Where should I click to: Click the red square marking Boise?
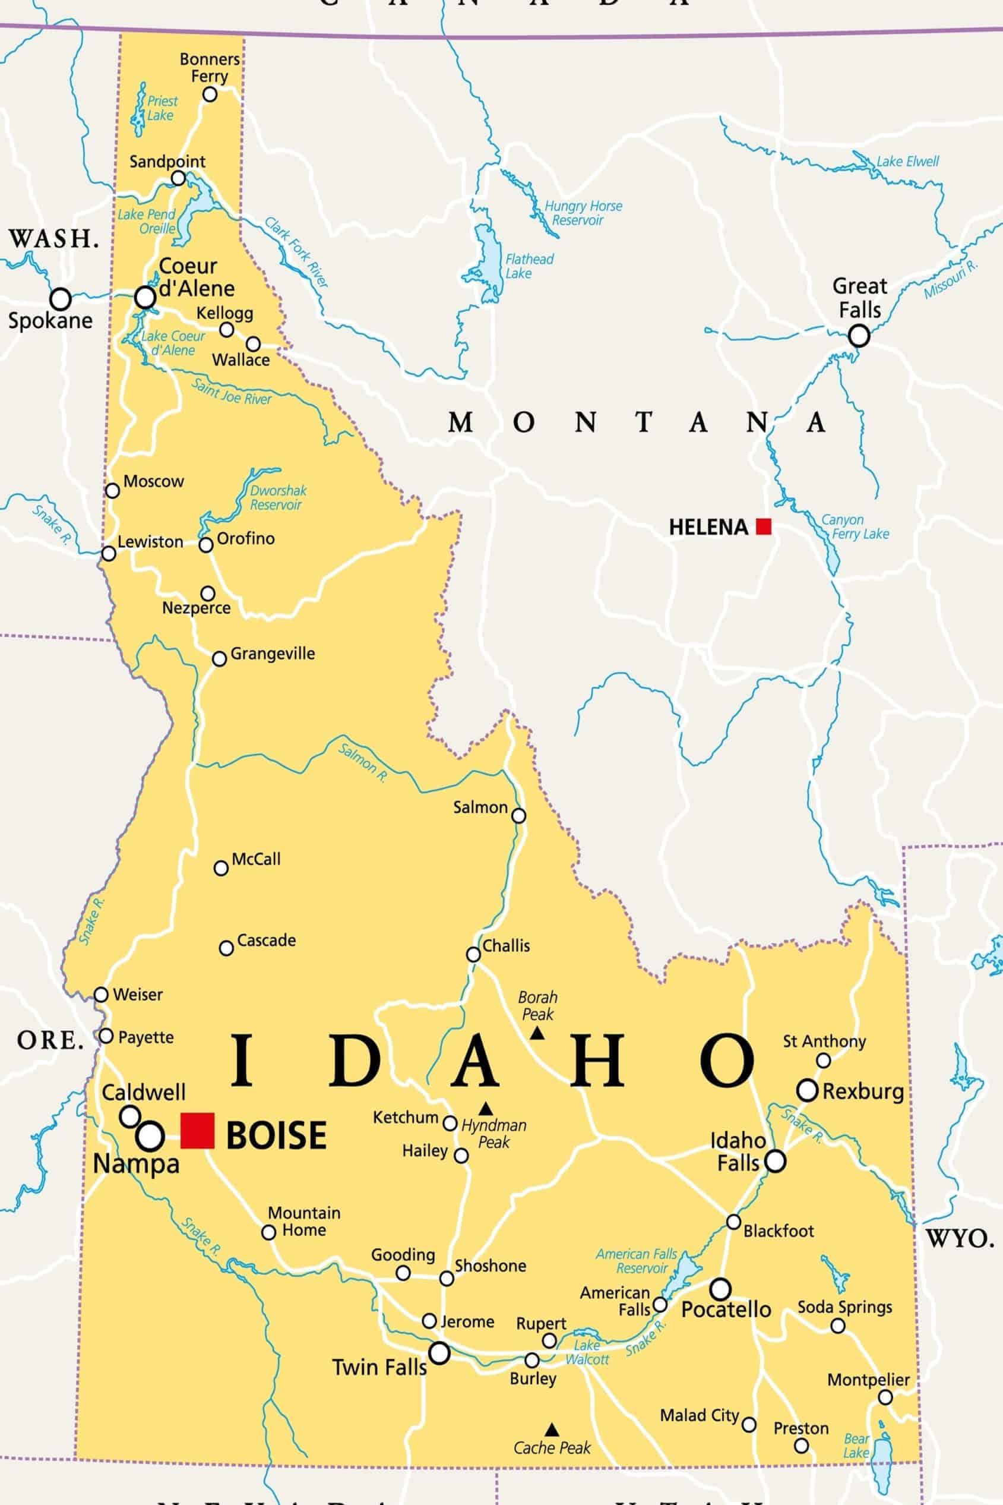197,1131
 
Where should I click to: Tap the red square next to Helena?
764,526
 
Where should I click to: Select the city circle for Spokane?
60,298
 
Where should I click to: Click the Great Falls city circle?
859,335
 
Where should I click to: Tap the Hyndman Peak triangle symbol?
486,1108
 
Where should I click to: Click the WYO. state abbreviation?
960,1239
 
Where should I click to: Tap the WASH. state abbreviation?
53,239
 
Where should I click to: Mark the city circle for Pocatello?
720,1288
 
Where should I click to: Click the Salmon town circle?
519,815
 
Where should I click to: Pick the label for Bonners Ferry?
209,67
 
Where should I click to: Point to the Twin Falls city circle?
439,1353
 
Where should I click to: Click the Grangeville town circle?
219,658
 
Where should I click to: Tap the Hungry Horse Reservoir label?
582,213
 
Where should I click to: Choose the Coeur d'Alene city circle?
145,297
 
